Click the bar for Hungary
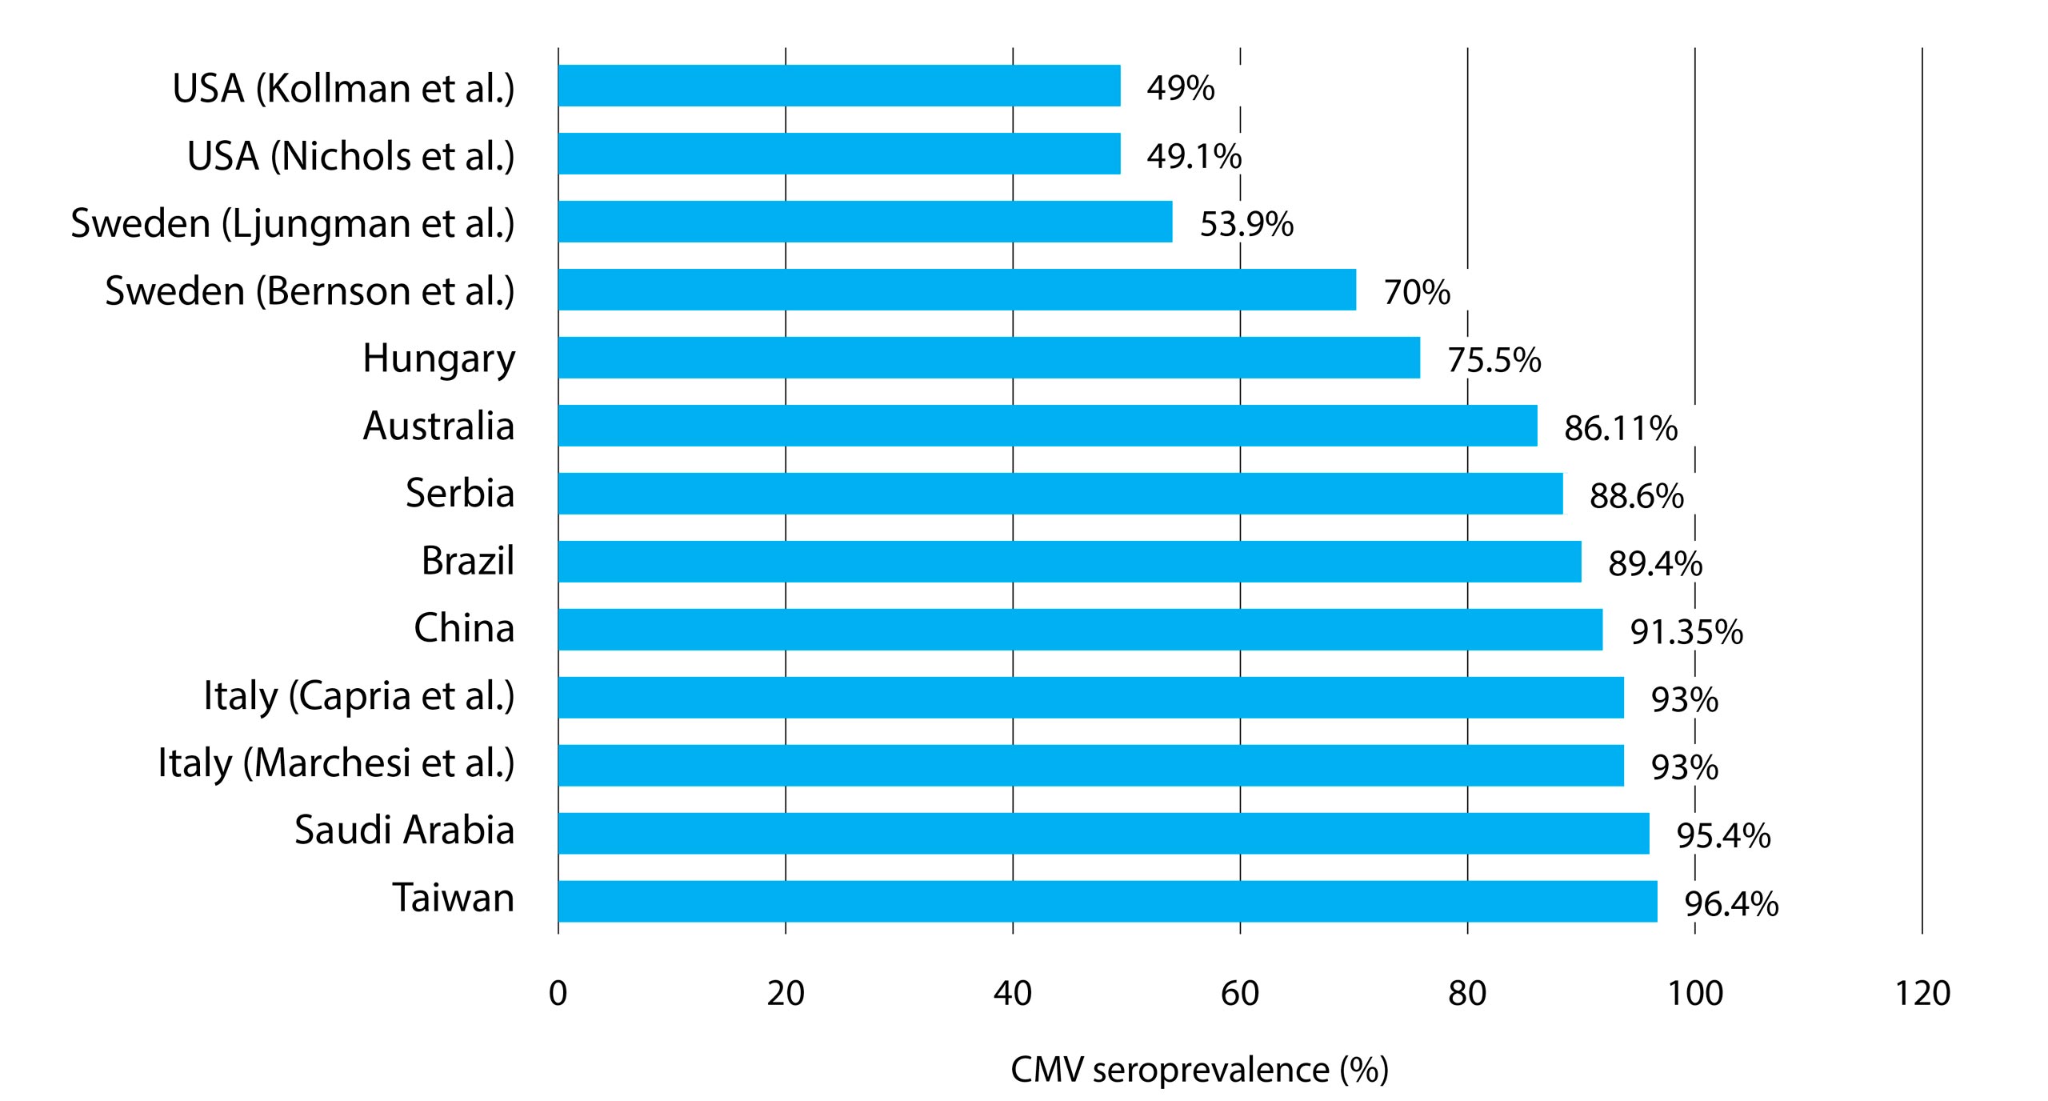tap(989, 358)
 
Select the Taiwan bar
tap(1107, 901)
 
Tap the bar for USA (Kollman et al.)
tap(839, 86)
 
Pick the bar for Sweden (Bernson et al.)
tap(957, 290)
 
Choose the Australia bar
tap(1047, 426)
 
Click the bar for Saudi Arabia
tap(1103, 834)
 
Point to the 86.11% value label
tap(1621, 428)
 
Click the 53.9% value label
tap(1246, 224)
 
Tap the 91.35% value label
tap(1686, 632)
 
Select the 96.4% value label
tap(1731, 904)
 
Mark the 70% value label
tap(1417, 292)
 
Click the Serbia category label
tap(459, 493)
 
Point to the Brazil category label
tap(467, 561)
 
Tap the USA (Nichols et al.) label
tap(350, 156)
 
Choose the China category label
tap(464, 629)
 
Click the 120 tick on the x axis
tap(1922, 993)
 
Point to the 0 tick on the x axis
tap(558, 993)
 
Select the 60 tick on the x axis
tap(1240, 993)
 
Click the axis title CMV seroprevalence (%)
tap(1199, 1070)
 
